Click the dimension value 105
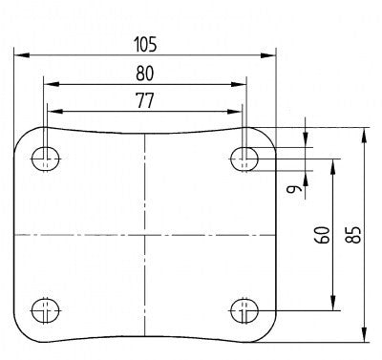[x=145, y=45]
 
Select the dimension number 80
[x=145, y=74]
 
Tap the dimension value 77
[x=145, y=100]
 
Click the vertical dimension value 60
[x=323, y=235]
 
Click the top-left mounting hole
[x=46, y=159]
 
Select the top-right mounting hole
[x=244, y=159]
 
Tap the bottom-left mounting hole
[x=46, y=310]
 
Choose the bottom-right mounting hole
[x=244, y=310]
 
